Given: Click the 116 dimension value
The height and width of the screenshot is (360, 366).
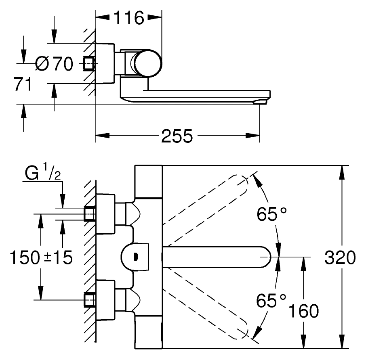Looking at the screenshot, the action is (129, 18).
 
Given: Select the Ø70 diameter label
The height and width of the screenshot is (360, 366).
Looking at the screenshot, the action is (54, 63).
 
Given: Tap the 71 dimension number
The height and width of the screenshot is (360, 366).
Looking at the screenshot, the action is (23, 84).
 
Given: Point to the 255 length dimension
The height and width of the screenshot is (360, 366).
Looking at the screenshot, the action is (177, 136).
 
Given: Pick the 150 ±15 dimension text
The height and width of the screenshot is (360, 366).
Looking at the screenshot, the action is (41, 257).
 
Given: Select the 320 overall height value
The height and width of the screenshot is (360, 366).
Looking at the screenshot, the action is (340, 257).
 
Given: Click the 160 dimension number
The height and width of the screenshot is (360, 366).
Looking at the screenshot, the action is (304, 311).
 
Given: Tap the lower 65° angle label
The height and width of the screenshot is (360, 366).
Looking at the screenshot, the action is (271, 300).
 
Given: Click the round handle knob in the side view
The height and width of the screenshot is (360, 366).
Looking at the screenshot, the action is (148, 63).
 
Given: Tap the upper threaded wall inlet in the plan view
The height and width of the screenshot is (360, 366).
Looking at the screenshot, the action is (90, 214).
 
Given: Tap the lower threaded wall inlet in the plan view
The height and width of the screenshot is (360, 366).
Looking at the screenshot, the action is (90, 300).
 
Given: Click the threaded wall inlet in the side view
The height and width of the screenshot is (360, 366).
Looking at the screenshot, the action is (89, 63).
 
